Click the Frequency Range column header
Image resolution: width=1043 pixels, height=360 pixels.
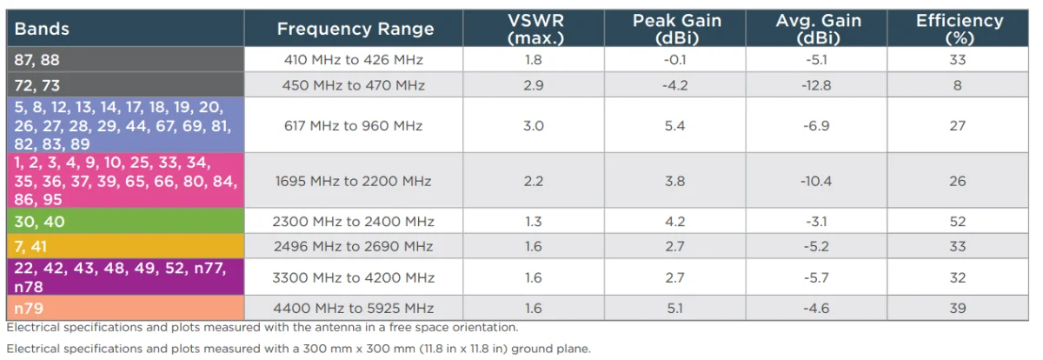coord(355,29)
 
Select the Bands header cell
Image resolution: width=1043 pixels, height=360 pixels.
coord(42,29)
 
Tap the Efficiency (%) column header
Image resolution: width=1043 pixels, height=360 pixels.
coord(959,29)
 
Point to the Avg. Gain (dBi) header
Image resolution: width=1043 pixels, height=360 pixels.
coord(817,29)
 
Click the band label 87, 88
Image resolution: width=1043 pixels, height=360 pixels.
coord(37,59)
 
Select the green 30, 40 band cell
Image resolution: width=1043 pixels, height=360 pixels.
coord(39,222)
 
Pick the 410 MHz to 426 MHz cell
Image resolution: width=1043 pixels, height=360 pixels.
coord(353,60)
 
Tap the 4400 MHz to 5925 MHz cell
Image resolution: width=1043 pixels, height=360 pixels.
coord(353,308)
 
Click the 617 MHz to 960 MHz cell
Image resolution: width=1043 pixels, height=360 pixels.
coord(353,126)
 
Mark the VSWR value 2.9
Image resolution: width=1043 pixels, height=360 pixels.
coord(534,85)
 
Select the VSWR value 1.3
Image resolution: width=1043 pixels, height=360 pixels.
coord(534,222)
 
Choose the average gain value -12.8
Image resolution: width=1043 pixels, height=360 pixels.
coord(817,85)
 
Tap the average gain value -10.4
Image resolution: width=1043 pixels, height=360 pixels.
coord(817,182)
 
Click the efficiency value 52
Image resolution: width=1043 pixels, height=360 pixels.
coord(958,222)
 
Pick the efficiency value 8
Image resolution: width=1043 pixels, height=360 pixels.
coord(958,85)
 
